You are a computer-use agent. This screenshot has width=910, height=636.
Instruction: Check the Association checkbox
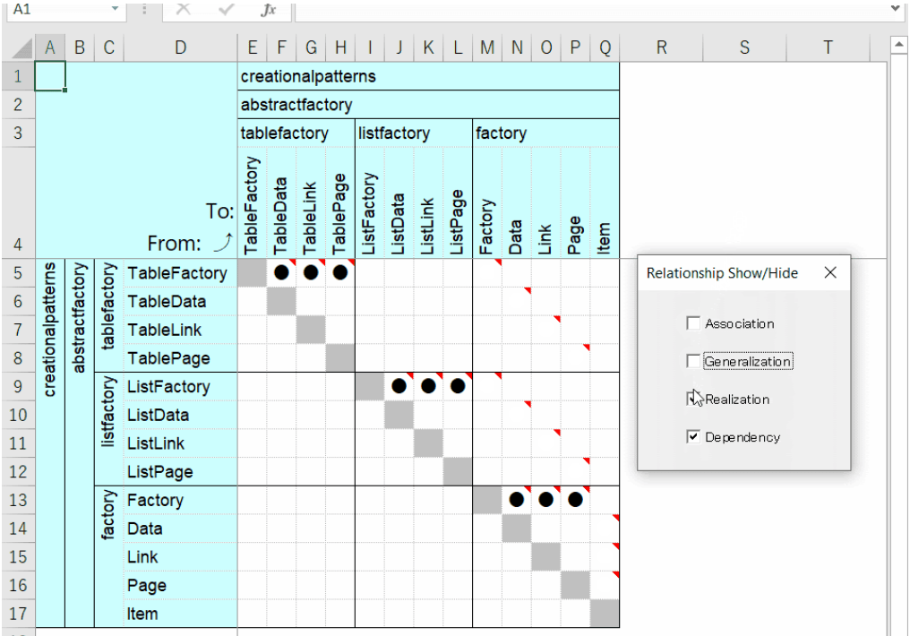693,323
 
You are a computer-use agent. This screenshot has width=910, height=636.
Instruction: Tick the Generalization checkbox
693,361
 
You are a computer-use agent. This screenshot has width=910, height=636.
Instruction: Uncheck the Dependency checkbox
693,437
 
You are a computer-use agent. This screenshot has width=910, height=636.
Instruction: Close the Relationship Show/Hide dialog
830,272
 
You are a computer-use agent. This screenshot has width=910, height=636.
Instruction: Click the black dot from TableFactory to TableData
281,272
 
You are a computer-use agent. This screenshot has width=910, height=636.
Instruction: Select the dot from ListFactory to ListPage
458,386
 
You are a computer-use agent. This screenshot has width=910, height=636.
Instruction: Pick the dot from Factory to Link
545,500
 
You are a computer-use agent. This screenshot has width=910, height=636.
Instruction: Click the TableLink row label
165,330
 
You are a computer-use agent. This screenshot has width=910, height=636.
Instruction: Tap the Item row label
142,614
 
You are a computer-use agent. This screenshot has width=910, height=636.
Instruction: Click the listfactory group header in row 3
394,133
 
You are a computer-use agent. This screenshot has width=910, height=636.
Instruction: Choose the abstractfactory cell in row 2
296,105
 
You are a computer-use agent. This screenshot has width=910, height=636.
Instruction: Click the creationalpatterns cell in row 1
308,76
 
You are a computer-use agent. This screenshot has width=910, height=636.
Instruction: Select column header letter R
661,47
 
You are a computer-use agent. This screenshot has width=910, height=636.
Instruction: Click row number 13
18,500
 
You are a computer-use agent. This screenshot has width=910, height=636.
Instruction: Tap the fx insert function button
268,9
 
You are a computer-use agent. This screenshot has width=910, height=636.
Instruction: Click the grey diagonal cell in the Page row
575,585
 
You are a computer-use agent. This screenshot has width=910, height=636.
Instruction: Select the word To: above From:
219,211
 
